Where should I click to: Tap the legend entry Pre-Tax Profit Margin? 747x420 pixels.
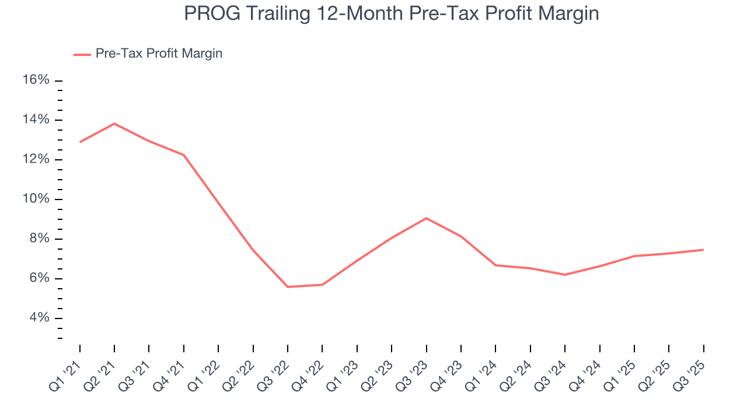point(159,54)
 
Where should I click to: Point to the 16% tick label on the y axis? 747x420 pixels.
point(36,80)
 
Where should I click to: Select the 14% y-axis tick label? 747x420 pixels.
point(36,120)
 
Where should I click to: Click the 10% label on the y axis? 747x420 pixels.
point(36,199)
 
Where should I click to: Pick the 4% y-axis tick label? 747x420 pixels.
point(39,318)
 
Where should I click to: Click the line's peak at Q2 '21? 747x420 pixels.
point(114,124)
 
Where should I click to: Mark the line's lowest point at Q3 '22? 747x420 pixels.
point(288,287)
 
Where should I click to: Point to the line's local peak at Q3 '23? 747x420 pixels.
point(426,218)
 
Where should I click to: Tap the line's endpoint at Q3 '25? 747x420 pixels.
point(703,250)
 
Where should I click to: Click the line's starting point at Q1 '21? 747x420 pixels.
point(80,142)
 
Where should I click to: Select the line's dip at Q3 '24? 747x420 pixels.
point(565,275)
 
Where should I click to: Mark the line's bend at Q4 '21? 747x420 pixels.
point(184,155)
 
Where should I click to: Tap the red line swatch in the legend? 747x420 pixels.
point(82,54)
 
